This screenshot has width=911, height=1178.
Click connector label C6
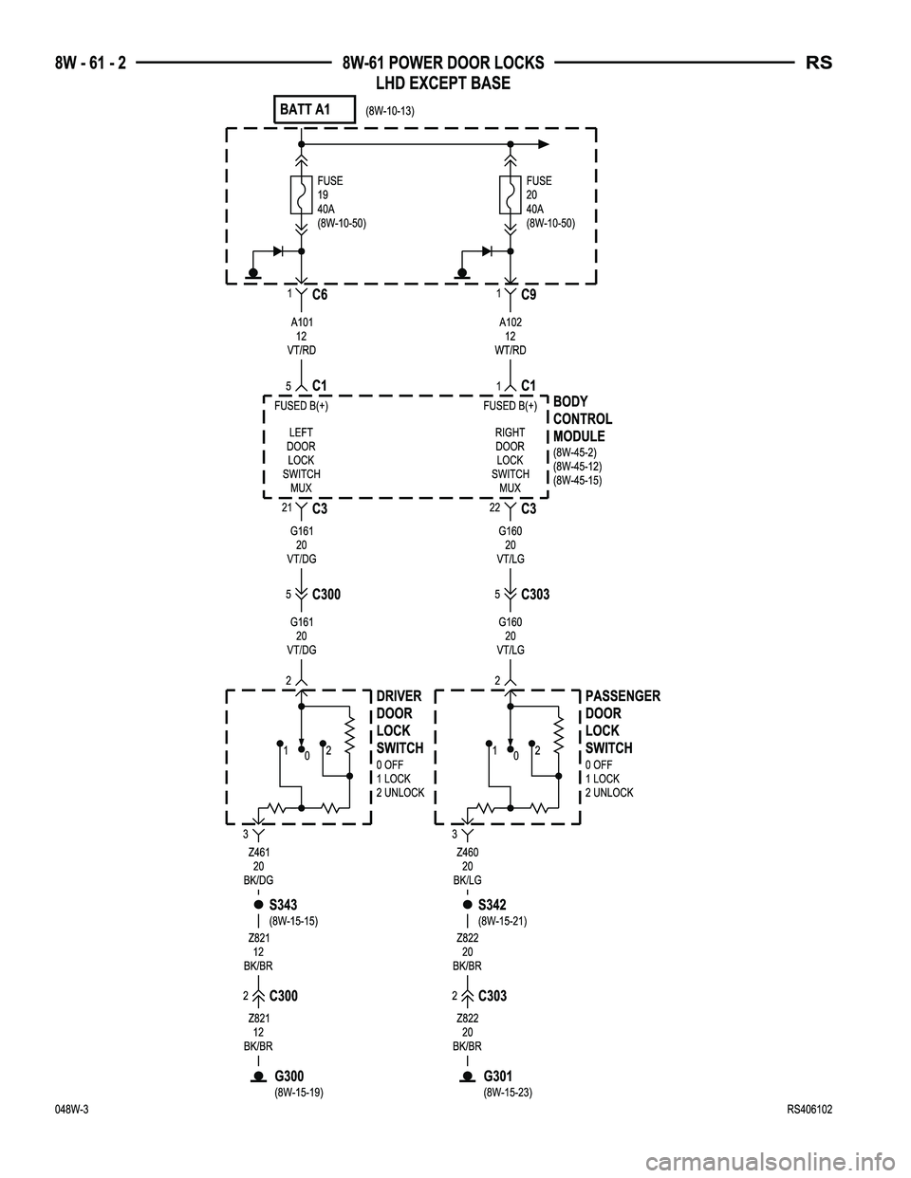pos(320,295)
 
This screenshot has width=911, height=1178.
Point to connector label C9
pos(530,295)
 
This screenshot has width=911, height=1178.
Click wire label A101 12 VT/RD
pos(301,336)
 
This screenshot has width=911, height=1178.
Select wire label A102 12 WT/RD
pos(510,336)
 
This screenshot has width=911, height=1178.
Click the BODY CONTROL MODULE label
pos(582,419)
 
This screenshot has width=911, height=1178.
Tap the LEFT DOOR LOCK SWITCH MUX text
pos(301,460)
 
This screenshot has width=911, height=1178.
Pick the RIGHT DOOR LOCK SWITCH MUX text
pos(510,460)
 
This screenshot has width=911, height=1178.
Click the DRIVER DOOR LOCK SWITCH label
pos(399,722)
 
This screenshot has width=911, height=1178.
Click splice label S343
pos(283,905)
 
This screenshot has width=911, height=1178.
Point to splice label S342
pos(492,905)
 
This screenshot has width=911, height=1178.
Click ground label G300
pos(288,1076)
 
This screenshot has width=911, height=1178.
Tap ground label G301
pos(497,1076)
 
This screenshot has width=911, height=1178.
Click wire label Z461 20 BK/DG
pos(258,866)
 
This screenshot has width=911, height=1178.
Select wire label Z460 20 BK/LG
pos(467,866)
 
